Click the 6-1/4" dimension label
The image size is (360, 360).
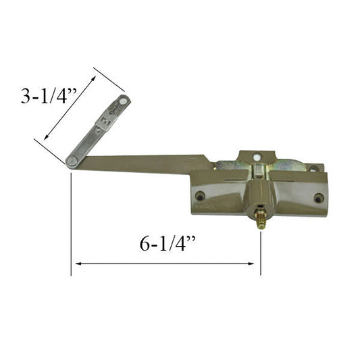(x=168, y=244)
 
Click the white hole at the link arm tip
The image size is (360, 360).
(x=124, y=101)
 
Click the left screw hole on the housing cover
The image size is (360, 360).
(x=200, y=196)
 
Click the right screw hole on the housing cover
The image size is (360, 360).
(x=319, y=198)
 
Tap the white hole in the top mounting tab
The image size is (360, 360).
(x=256, y=157)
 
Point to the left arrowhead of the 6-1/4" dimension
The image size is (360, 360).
(x=78, y=263)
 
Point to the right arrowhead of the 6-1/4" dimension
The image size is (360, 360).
(x=251, y=263)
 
